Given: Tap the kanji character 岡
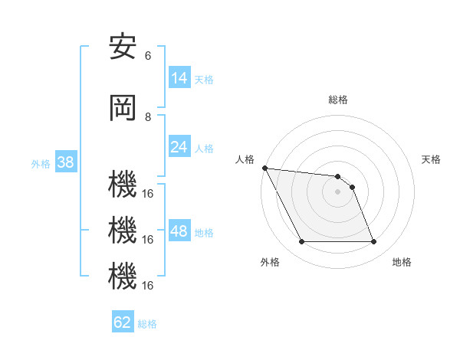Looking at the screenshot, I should (x=123, y=109).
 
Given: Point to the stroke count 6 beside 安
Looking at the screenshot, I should (x=148, y=55).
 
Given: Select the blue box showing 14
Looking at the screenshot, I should (x=179, y=78).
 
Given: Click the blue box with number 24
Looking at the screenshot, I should (x=179, y=147).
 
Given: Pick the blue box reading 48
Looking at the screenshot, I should (x=179, y=231).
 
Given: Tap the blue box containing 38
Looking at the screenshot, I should (x=65, y=162).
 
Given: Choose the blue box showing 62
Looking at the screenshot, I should (x=123, y=322).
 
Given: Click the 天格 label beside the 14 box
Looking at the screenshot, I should (x=204, y=79).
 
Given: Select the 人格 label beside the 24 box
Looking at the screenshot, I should (x=204, y=148).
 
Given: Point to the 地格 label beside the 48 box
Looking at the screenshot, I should (x=204, y=232).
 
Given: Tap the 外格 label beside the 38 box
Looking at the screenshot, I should (x=41, y=163).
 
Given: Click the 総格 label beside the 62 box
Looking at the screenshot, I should (x=147, y=323).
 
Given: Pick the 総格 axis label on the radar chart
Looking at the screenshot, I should (x=338, y=100).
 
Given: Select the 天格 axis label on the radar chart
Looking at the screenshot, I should (x=432, y=159).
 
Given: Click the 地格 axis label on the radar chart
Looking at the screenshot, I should (x=402, y=262).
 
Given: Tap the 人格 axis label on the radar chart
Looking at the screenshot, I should (x=245, y=159).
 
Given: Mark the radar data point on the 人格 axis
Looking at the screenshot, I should (x=264, y=168).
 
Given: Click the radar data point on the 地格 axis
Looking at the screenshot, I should (x=373, y=242).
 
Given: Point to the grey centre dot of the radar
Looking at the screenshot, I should (x=337, y=191).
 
